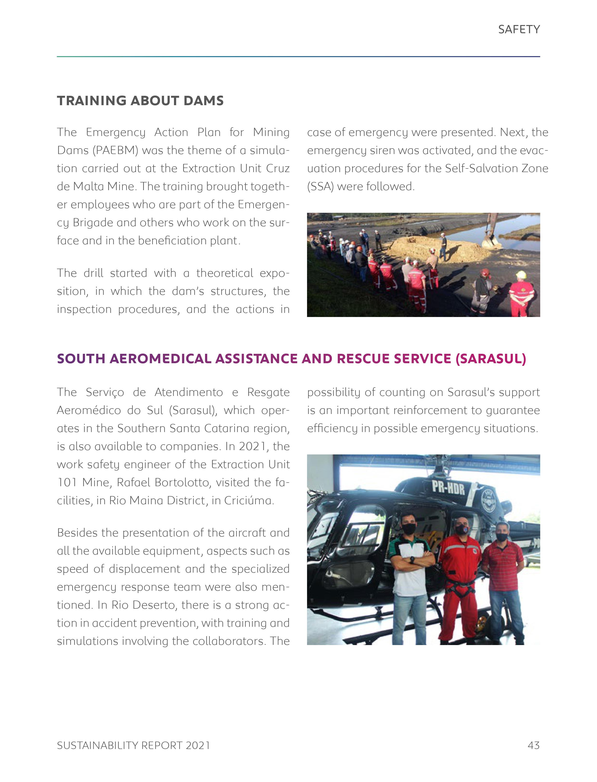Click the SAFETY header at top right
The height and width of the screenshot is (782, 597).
point(519,29)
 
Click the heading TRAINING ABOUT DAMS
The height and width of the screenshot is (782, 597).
point(140,101)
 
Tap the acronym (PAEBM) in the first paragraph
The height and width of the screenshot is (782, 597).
point(116,150)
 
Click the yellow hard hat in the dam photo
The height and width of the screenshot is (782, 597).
point(521,275)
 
